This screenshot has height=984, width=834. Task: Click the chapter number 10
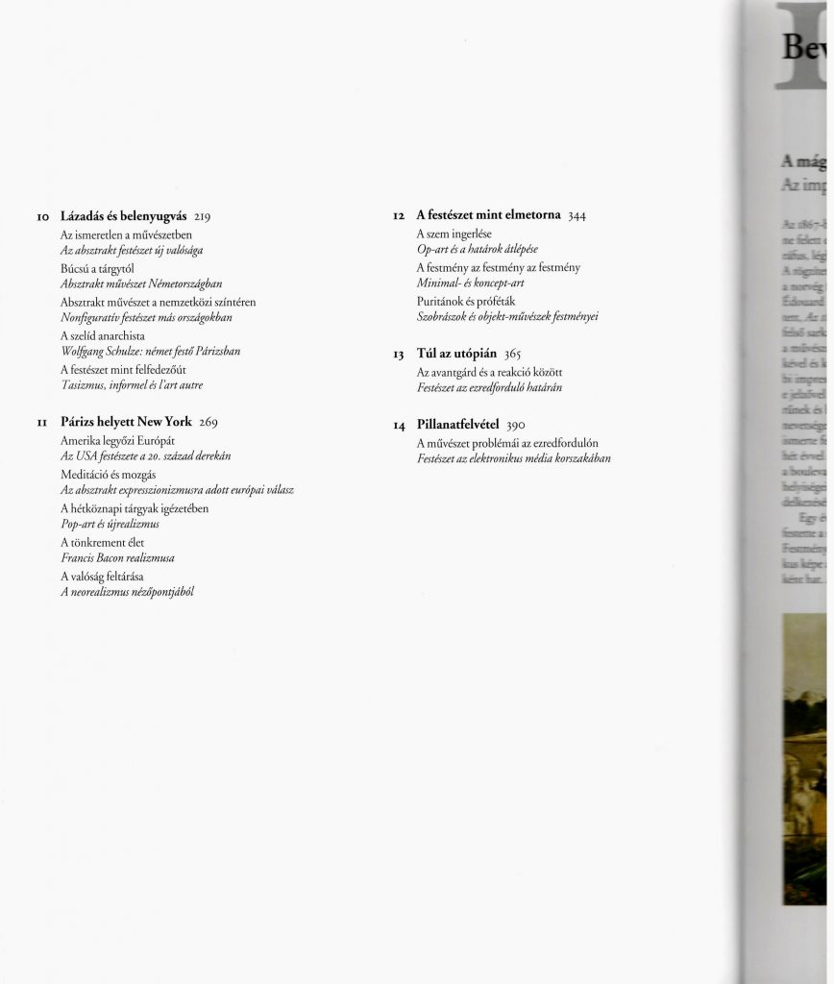coord(43,217)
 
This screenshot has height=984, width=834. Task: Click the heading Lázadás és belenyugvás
coord(123,216)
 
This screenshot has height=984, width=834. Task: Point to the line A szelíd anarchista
coord(103,336)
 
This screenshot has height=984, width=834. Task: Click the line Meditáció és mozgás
coord(109,475)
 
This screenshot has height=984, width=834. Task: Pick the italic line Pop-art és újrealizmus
coord(110,524)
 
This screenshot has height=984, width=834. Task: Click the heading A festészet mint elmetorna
coord(489,216)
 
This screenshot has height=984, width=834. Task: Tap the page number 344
coord(576,217)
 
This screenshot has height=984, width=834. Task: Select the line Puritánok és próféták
coord(466,302)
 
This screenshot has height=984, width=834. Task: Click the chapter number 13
coord(399,355)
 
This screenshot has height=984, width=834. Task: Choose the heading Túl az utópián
coord(455,355)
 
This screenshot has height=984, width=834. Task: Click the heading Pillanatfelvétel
coord(457,425)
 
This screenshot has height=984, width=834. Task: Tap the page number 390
coord(516,426)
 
